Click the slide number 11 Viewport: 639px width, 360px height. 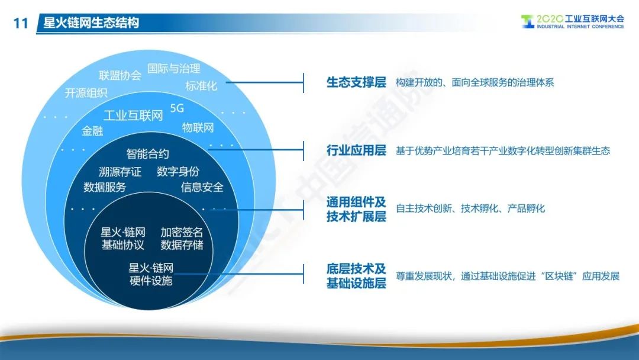21,23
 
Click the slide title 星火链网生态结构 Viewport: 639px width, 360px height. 91,22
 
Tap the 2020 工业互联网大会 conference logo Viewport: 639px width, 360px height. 572,21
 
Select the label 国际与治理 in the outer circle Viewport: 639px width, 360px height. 173,68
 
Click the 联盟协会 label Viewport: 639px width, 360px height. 120,75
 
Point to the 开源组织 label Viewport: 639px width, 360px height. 86,93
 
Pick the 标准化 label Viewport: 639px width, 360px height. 201,86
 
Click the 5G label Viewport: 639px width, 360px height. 177,108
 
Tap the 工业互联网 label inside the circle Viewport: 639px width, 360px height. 133,115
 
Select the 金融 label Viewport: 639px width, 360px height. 92,131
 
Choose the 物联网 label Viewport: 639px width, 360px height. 198,128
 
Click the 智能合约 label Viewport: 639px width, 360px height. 147,154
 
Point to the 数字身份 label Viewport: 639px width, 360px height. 178,171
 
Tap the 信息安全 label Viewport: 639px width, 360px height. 202,187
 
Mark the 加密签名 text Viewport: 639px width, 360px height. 182,232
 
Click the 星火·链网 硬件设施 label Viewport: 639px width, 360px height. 151,274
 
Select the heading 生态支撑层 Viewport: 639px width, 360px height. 356,82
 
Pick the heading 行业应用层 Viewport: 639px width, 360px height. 356,150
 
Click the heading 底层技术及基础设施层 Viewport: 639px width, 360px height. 356,276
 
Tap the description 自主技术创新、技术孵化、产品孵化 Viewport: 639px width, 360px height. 470,208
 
